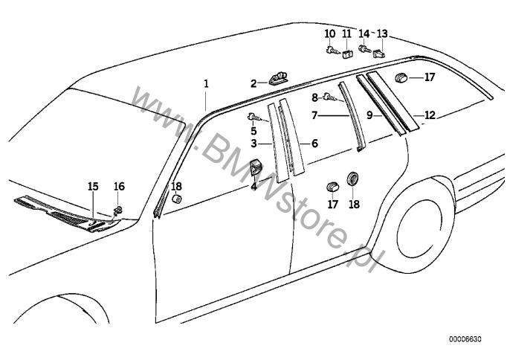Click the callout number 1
206,84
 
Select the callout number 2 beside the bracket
254,84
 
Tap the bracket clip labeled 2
278,78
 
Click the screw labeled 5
254,117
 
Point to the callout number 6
314,144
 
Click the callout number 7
314,115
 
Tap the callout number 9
369,115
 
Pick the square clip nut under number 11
346,55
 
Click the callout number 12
430,115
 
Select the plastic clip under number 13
379,54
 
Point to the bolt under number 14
364,50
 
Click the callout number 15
93,187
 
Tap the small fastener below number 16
118,210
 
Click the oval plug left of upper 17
401,78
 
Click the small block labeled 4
255,167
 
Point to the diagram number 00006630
465,339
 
